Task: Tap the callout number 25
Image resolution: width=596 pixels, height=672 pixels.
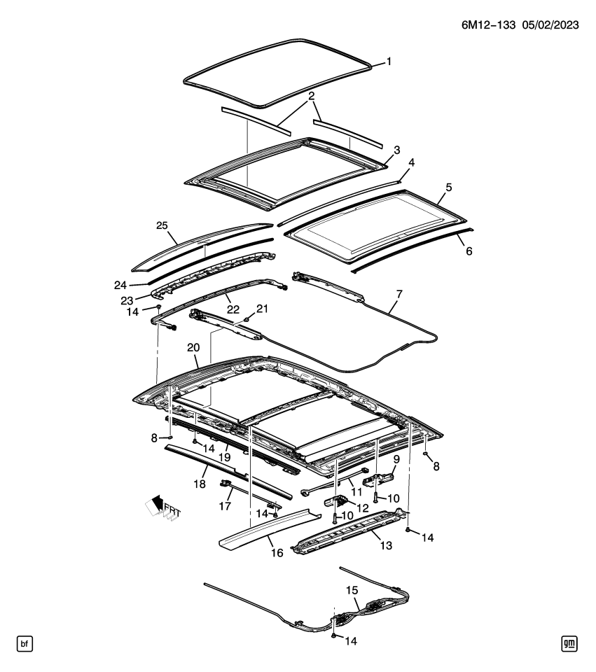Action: pos(162,225)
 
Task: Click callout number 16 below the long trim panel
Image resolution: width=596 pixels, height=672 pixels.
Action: pos(277,553)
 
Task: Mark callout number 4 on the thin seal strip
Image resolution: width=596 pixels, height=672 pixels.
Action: pos(411,162)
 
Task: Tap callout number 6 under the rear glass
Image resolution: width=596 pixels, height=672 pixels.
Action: pos(468,250)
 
